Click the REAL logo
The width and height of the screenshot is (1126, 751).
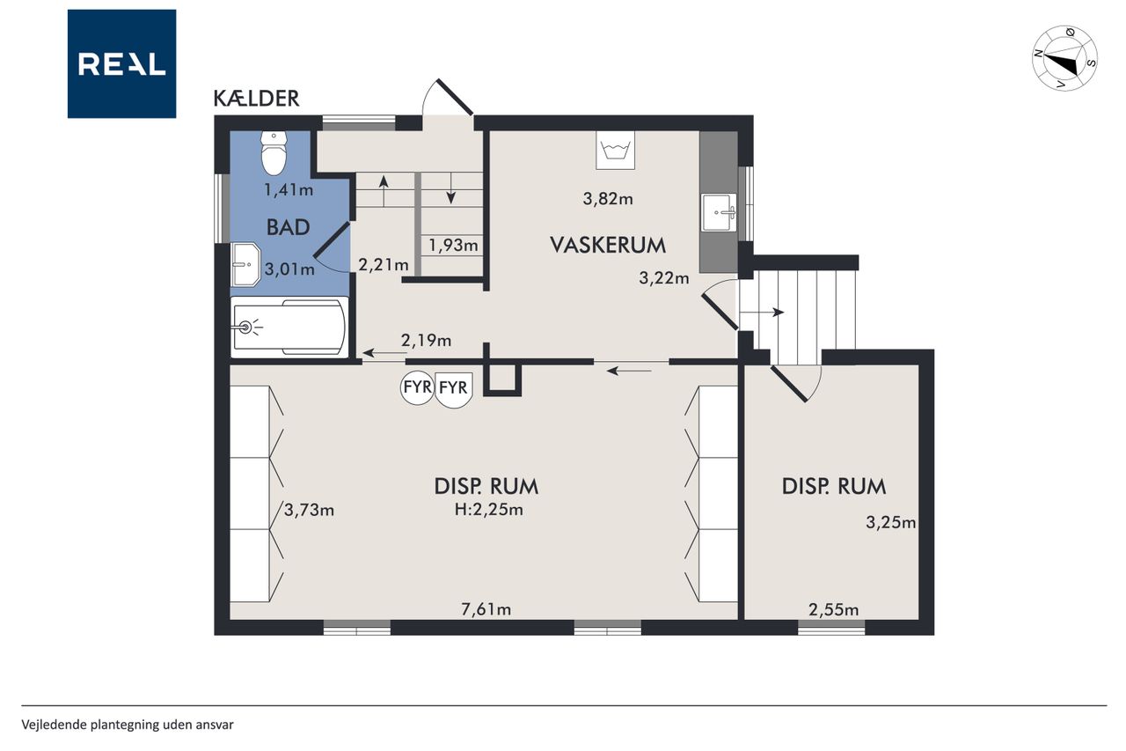(121, 64)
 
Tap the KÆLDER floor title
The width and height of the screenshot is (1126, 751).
(256, 99)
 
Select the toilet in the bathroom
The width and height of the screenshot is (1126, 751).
(274, 153)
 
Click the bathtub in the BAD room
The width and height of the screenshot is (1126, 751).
(289, 328)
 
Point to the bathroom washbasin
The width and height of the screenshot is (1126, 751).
(245, 264)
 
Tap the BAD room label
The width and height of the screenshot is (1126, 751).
(288, 227)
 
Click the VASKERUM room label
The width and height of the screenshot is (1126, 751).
(608, 246)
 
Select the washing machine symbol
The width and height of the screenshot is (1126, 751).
(615, 150)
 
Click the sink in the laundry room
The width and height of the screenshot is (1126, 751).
(720, 212)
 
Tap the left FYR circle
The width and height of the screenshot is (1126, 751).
(417, 387)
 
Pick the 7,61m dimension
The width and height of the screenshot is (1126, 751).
(486, 609)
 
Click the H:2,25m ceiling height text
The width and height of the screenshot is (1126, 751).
(488, 510)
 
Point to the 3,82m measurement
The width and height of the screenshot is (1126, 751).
(608, 199)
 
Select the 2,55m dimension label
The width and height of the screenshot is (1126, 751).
(833, 610)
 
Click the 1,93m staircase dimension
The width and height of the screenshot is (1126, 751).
(453, 246)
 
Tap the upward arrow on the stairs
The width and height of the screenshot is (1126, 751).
(384, 191)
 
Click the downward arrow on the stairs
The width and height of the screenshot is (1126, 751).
(451, 188)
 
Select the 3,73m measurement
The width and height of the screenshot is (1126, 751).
(309, 511)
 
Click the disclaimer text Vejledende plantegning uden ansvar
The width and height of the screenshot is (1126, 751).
(128, 725)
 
